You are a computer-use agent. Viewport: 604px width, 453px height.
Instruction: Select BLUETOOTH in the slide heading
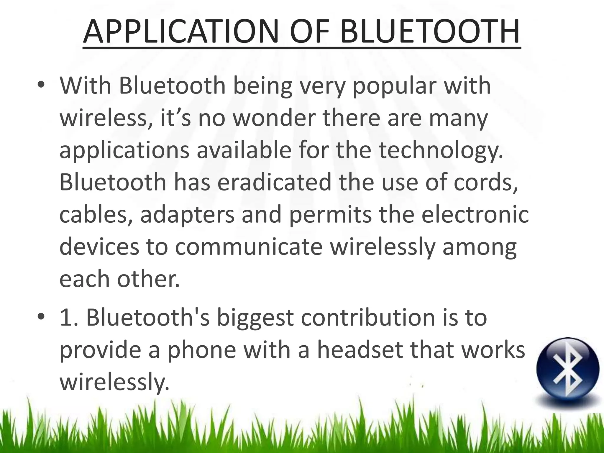point(429,31)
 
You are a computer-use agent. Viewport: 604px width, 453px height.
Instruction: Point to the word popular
point(394,86)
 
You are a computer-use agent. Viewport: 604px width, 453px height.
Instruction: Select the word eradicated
point(274,183)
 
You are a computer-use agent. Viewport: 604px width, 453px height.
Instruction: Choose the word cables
point(96,215)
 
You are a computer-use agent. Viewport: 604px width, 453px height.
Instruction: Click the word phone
point(202,350)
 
